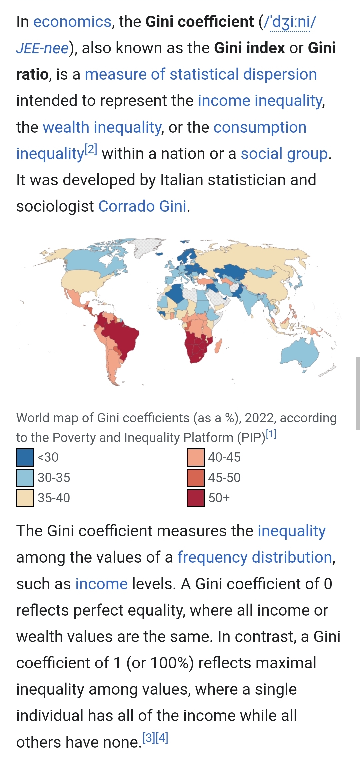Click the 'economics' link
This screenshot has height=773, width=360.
[x=72, y=22]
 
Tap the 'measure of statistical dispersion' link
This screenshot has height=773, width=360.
[x=201, y=74]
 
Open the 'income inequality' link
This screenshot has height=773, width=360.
[x=260, y=101]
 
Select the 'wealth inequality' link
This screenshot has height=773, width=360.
[x=102, y=127]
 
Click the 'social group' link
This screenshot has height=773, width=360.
[x=284, y=154]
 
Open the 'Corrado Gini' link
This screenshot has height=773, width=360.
[x=142, y=206]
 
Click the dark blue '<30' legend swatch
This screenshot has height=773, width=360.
[x=25, y=457]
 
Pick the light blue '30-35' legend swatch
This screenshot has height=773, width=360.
[x=25, y=478]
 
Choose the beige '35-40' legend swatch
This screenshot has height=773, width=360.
[x=25, y=498]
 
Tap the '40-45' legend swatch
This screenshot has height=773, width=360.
[x=196, y=457]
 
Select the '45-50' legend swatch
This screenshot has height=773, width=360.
[x=196, y=478]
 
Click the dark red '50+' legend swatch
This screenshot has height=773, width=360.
[x=196, y=498]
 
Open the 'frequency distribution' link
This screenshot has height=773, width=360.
[x=255, y=557]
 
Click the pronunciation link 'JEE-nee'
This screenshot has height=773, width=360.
[x=42, y=48]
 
